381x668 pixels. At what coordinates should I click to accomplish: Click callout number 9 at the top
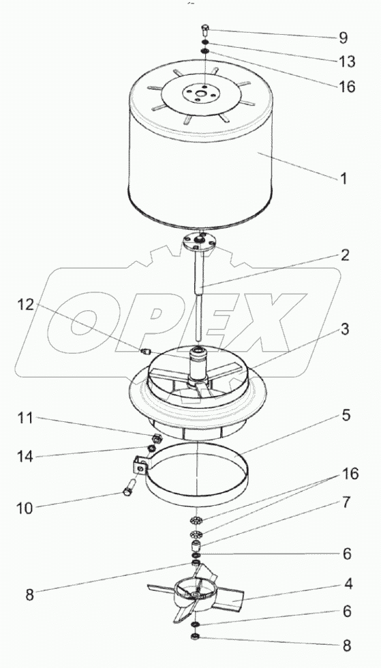tap(343, 37)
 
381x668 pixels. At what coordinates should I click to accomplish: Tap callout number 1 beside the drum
tap(343, 178)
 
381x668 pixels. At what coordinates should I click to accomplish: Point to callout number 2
tap(344, 255)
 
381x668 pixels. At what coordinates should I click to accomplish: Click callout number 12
tap(27, 305)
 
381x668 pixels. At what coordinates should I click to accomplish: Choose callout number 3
tap(344, 330)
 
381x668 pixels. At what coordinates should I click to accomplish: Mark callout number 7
tap(345, 503)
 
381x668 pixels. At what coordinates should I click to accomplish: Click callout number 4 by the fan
tap(348, 583)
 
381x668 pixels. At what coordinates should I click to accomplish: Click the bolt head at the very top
tap(204, 30)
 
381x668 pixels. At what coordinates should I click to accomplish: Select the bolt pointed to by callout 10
tap(129, 487)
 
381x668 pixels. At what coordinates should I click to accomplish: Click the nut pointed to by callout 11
tap(155, 438)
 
